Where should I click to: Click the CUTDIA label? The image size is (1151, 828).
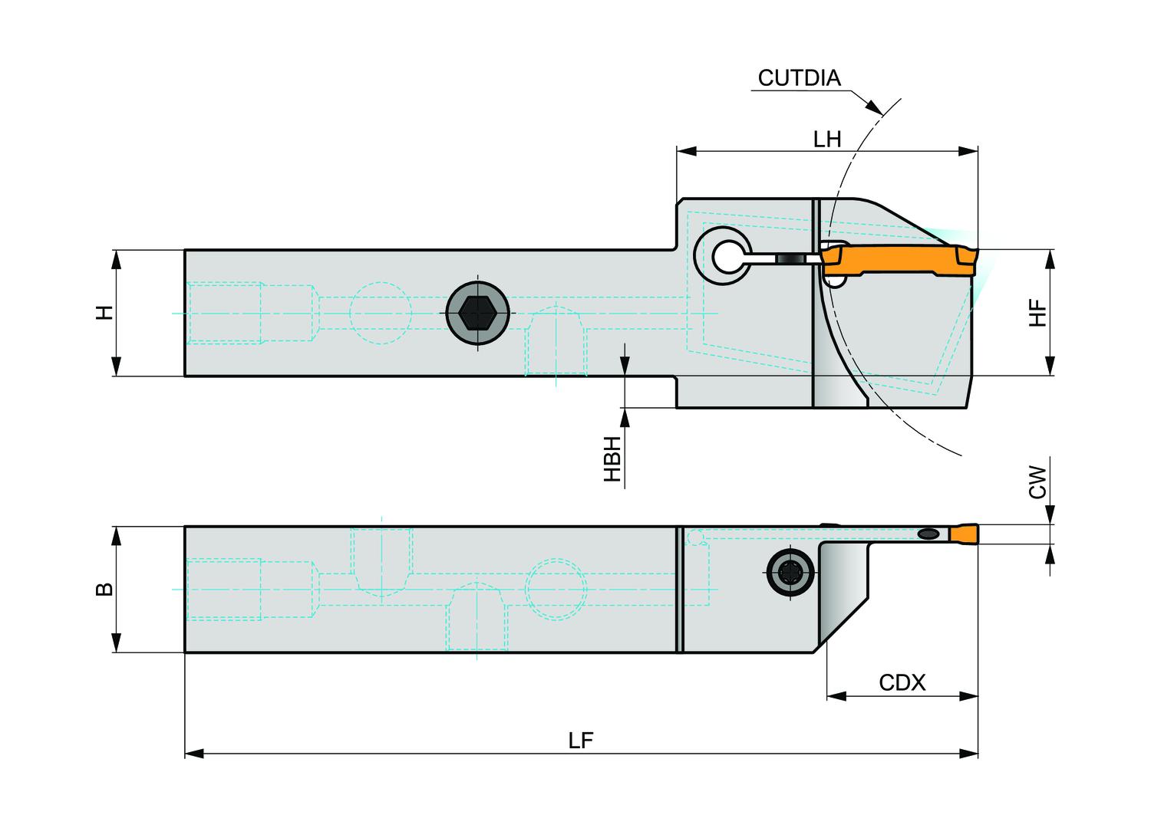tap(799, 78)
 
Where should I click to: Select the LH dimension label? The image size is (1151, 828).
tap(827, 139)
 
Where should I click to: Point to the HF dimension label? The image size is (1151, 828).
tap(1037, 313)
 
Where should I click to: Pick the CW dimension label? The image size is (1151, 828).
tap(1037, 482)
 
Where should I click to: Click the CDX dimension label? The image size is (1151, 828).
tap(902, 682)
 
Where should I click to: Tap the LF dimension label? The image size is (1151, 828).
tap(581, 741)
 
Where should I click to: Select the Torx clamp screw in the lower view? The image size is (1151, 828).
tap(790, 571)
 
